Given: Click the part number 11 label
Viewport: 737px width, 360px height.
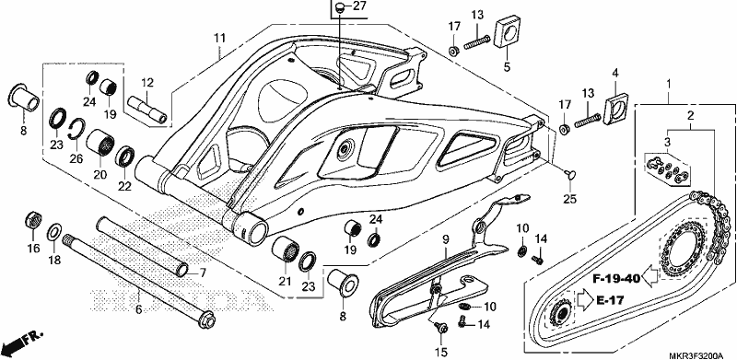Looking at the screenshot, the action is (220, 38).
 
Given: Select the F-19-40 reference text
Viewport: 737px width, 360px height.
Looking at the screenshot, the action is (616, 279).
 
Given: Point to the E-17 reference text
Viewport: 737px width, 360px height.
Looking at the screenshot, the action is (610, 300).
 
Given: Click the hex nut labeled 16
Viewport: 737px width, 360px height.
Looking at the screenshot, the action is (32, 220).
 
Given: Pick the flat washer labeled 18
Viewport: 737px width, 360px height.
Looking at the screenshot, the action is (54, 232).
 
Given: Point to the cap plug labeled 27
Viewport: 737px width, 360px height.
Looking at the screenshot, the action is (340, 8).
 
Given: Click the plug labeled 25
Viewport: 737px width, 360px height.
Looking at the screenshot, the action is (570, 174).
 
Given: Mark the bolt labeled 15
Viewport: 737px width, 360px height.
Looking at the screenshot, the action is (441, 327).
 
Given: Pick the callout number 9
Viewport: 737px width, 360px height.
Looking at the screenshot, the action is (446, 240).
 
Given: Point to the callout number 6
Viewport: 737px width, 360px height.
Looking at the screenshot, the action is (139, 309).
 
